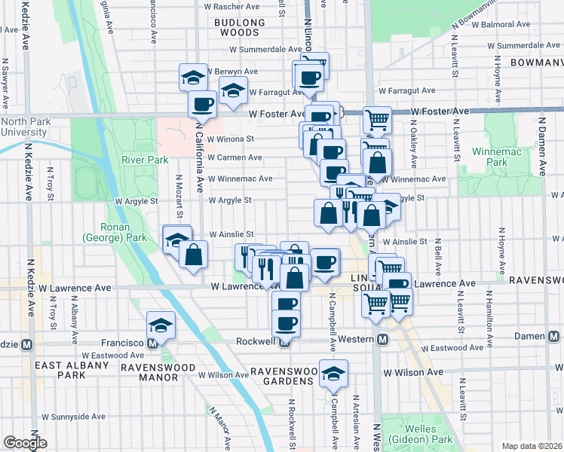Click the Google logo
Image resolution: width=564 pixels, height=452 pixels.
25,443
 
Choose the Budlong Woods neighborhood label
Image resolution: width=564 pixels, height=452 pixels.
240,27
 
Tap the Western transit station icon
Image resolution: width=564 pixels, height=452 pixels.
383,340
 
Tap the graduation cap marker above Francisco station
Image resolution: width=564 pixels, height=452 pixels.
160,325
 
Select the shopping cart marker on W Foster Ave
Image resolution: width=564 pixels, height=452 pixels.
376,119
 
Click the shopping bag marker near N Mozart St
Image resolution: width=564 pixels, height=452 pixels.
194,254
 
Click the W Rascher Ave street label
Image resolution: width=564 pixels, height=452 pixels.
238,6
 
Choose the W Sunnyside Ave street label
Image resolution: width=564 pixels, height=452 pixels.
73,416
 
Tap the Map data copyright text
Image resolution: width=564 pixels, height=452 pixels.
532,445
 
